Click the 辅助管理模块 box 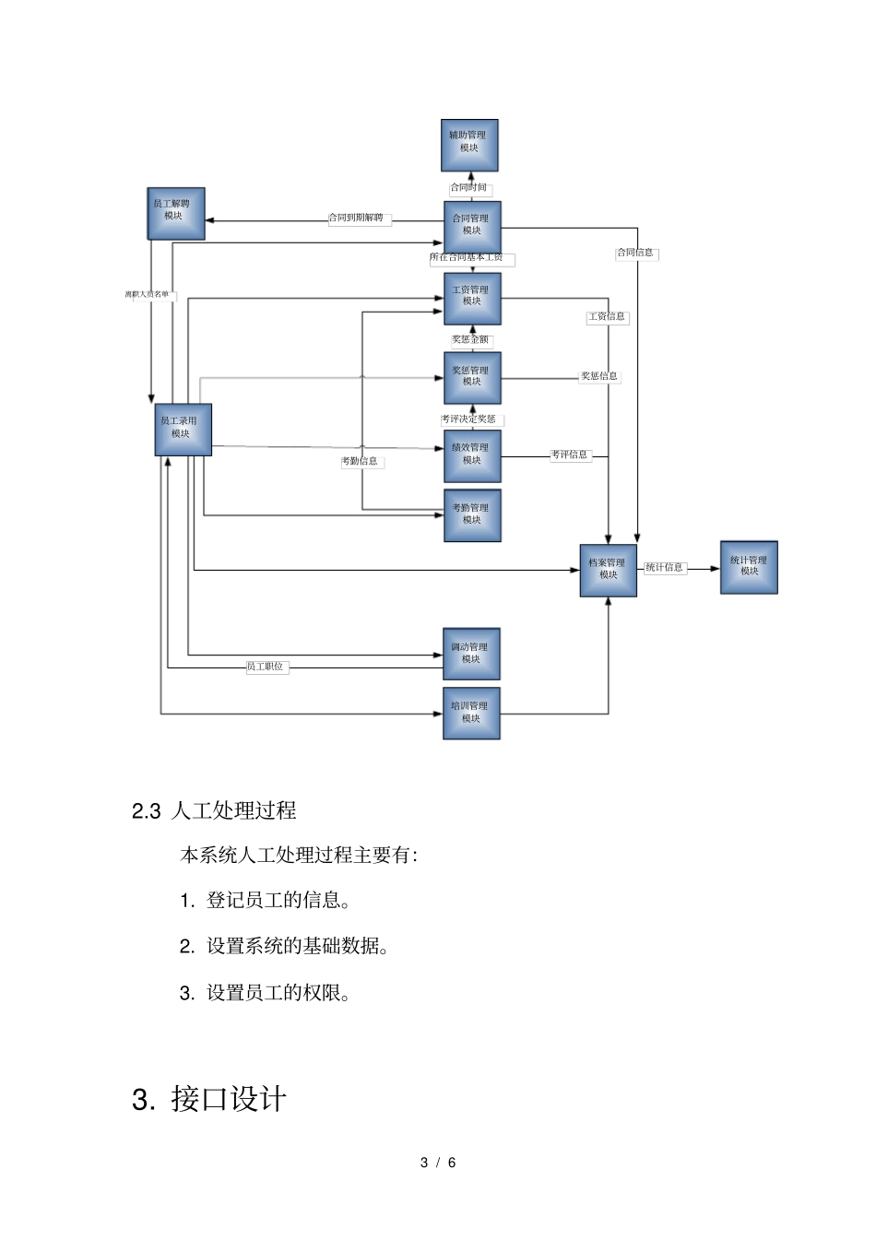point(469,146)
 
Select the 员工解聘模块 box point(176,214)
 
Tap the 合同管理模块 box point(472,227)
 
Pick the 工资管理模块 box point(472,299)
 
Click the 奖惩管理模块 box point(472,378)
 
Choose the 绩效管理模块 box point(472,456)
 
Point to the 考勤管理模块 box point(472,515)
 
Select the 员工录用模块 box point(183,430)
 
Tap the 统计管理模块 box point(749,567)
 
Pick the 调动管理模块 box point(471,654)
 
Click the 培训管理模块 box point(471,713)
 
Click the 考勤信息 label point(360,461)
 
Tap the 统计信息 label point(664,568)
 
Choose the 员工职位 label point(266,667)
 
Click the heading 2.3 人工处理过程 point(214,811)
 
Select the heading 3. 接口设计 point(209,1100)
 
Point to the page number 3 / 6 point(438,1163)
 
